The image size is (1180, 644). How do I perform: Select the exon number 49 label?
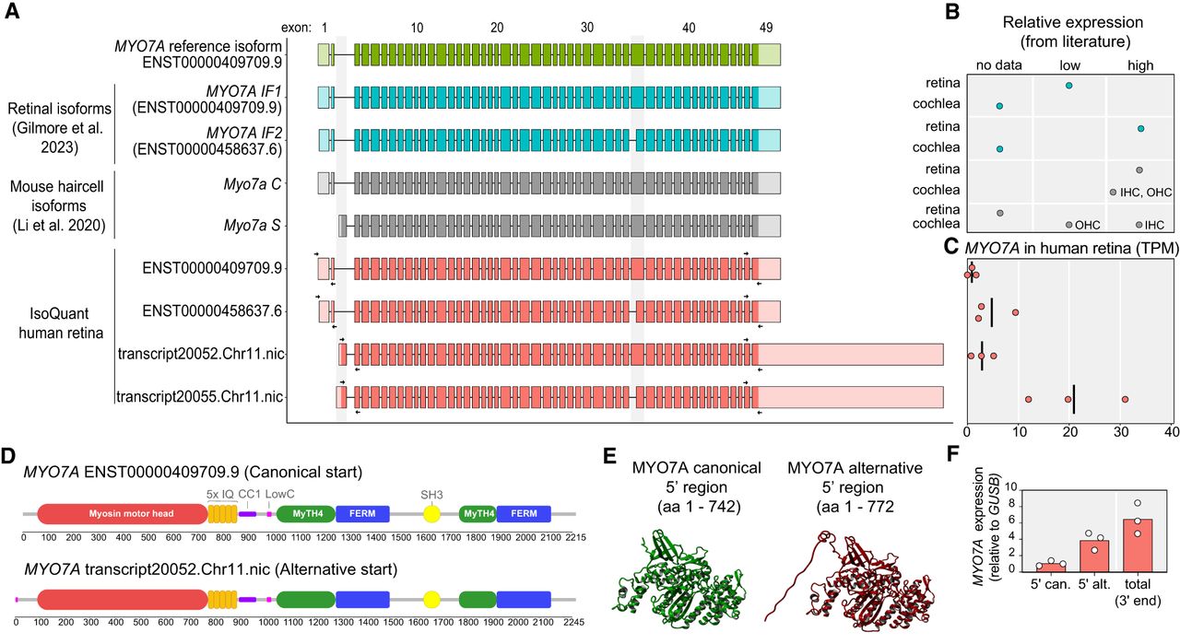tap(766, 27)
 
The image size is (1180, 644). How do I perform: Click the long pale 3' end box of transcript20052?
tap(849, 355)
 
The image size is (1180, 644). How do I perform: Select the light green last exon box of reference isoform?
tap(767, 53)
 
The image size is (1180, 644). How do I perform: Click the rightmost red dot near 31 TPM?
tap(1126, 399)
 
